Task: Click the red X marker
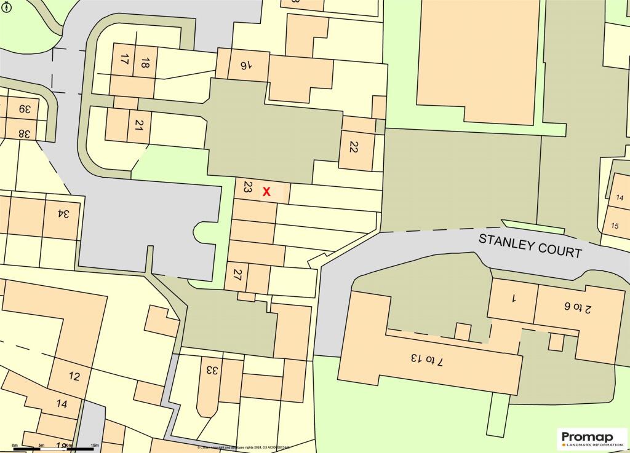pyautogui.click(x=266, y=192)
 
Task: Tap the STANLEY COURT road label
pyautogui.click(x=530, y=245)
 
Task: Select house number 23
pyautogui.click(x=247, y=188)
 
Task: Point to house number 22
pyautogui.click(x=353, y=147)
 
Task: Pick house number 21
pyautogui.click(x=139, y=125)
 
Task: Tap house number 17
pyautogui.click(x=124, y=60)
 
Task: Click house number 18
pyautogui.click(x=145, y=62)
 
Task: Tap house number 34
pyautogui.click(x=62, y=215)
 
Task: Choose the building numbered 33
pyautogui.click(x=211, y=371)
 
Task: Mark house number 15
pyautogui.click(x=615, y=226)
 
